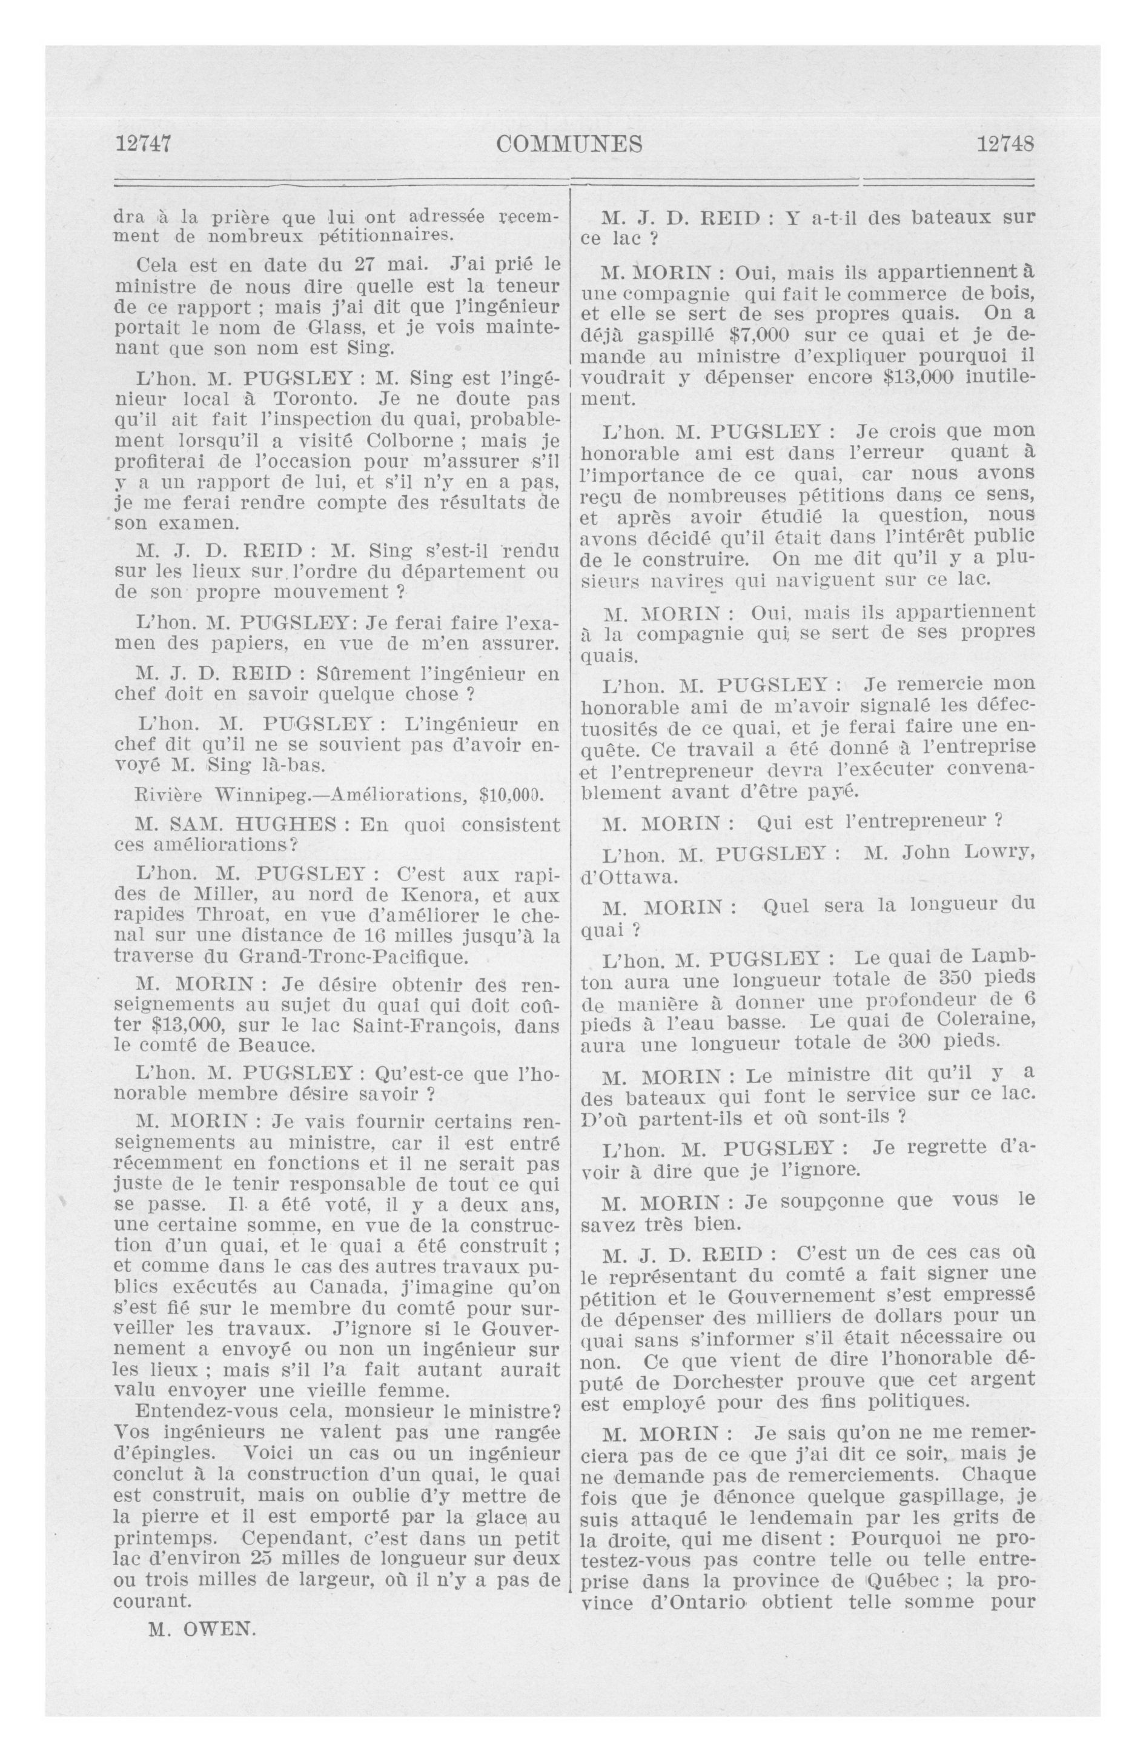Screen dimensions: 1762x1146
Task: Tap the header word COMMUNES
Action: click(569, 144)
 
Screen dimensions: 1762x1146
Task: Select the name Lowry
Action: click(999, 853)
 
